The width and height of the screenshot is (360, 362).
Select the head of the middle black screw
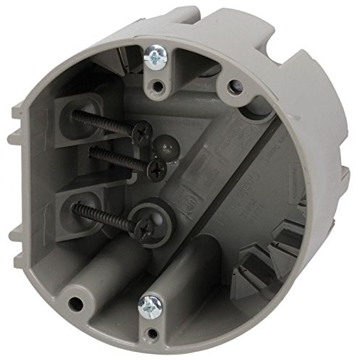pyautogui.click(x=156, y=169)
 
